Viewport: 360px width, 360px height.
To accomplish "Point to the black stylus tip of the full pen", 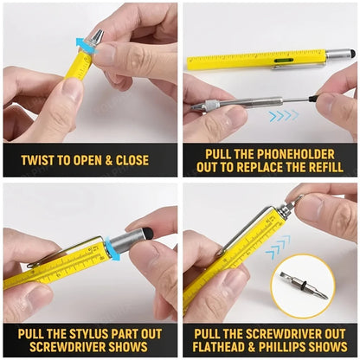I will click(350, 53).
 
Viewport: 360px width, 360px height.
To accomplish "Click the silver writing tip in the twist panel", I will click(97, 36).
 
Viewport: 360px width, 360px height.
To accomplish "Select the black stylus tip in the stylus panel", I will click(148, 232).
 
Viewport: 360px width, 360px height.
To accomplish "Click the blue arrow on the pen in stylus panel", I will click(111, 250).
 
